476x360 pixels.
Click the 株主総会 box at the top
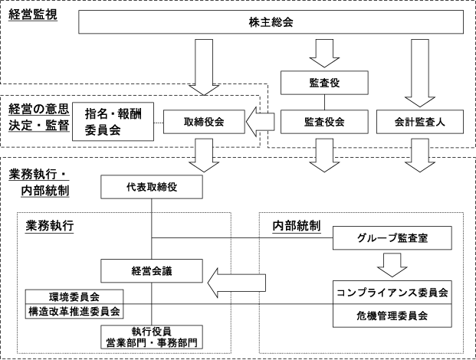click(271, 22)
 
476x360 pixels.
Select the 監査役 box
click(324, 83)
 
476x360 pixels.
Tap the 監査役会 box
click(324, 122)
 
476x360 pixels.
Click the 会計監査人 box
click(420, 122)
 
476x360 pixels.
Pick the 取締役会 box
click(204, 122)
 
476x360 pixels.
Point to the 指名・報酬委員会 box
click(113, 122)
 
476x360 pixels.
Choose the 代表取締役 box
click(152, 187)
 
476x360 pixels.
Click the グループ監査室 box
click(392, 237)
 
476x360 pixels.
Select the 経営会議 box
click(152, 271)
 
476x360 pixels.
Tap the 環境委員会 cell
click(74, 296)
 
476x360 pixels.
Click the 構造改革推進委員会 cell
click(74, 311)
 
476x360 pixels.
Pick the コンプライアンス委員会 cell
click(392, 293)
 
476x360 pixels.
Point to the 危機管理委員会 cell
click(392, 316)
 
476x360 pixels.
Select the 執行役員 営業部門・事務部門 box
click(152, 337)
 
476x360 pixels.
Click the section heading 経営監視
click(33, 15)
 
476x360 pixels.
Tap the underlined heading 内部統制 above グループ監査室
click(297, 226)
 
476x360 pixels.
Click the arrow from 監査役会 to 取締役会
click(260, 122)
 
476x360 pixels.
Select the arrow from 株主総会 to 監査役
click(324, 53)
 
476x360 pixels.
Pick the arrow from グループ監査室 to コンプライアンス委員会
click(392, 265)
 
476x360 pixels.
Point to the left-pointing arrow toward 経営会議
click(237, 283)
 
